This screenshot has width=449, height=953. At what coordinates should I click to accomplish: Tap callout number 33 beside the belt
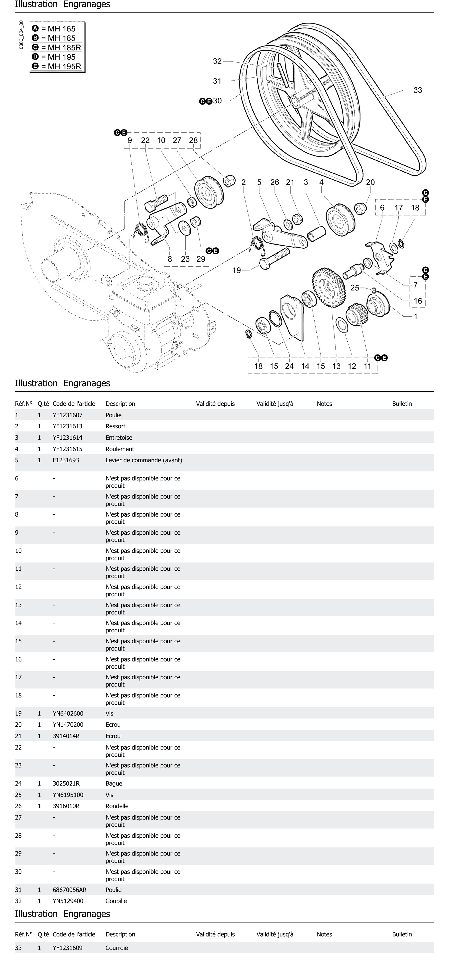coord(417,90)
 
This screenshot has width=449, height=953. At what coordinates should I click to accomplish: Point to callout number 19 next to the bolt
coord(236,270)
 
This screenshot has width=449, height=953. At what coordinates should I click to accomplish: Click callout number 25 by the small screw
coord(354,288)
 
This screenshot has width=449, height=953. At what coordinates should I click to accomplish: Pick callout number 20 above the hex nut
coord(370,182)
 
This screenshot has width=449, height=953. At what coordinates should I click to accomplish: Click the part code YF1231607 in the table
coord(67,415)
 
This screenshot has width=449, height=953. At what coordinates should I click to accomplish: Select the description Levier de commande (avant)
coord(144,460)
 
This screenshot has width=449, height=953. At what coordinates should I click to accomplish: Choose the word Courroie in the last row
coord(117,948)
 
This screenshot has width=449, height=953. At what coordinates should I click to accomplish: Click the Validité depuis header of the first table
coord(215,404)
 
